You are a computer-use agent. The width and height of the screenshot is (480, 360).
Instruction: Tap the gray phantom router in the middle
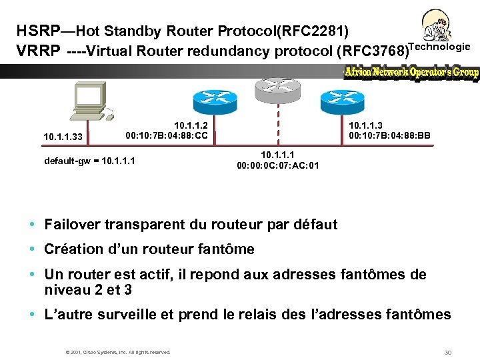click(x=277, y=85)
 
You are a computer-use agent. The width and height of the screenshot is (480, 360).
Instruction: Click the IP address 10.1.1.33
click(x=63, y=137)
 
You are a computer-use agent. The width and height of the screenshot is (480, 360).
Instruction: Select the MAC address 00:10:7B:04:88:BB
click(x=389, y=136)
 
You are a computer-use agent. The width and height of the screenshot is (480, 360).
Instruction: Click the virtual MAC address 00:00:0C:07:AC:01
click(x=277, y=165)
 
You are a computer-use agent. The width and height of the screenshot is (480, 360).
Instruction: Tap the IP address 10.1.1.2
click(x=191, y=125)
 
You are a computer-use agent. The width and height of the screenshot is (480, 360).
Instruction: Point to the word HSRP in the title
click(x=37, y=31)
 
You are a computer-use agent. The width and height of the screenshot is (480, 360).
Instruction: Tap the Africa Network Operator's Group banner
click(x=411, y=73)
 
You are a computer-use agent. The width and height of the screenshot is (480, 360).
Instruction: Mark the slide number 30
click(x=448, y=352)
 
